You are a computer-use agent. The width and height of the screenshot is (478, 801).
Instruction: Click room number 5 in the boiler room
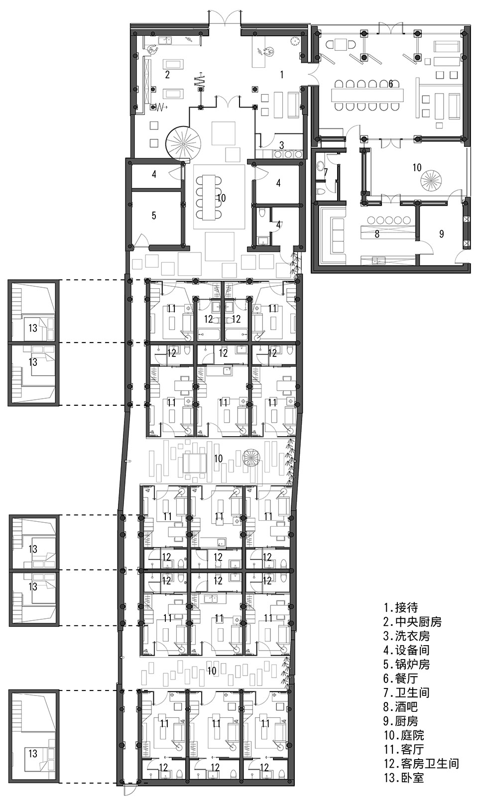click(x=154, y=216)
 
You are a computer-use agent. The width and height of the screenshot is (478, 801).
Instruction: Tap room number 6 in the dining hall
click(x=391, y=84)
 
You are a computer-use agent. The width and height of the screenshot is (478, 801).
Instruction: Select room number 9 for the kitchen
click(x=442, y=234)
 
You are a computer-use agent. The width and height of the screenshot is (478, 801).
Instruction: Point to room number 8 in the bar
click(x=377, y=234)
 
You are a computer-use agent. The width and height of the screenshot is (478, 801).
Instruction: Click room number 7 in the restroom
click(x=326, y=172)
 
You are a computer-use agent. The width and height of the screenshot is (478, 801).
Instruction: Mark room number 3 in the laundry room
click(x=282, y=145)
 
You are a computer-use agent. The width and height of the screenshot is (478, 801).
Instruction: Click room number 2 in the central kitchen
click(x=167, y=75)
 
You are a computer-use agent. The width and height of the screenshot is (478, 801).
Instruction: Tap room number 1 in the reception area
click(x=282, y=75)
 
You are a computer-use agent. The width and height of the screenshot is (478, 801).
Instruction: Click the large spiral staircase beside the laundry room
click(x=181, y=141)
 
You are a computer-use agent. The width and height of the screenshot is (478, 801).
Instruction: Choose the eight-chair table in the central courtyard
click(x=208, y=197)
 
